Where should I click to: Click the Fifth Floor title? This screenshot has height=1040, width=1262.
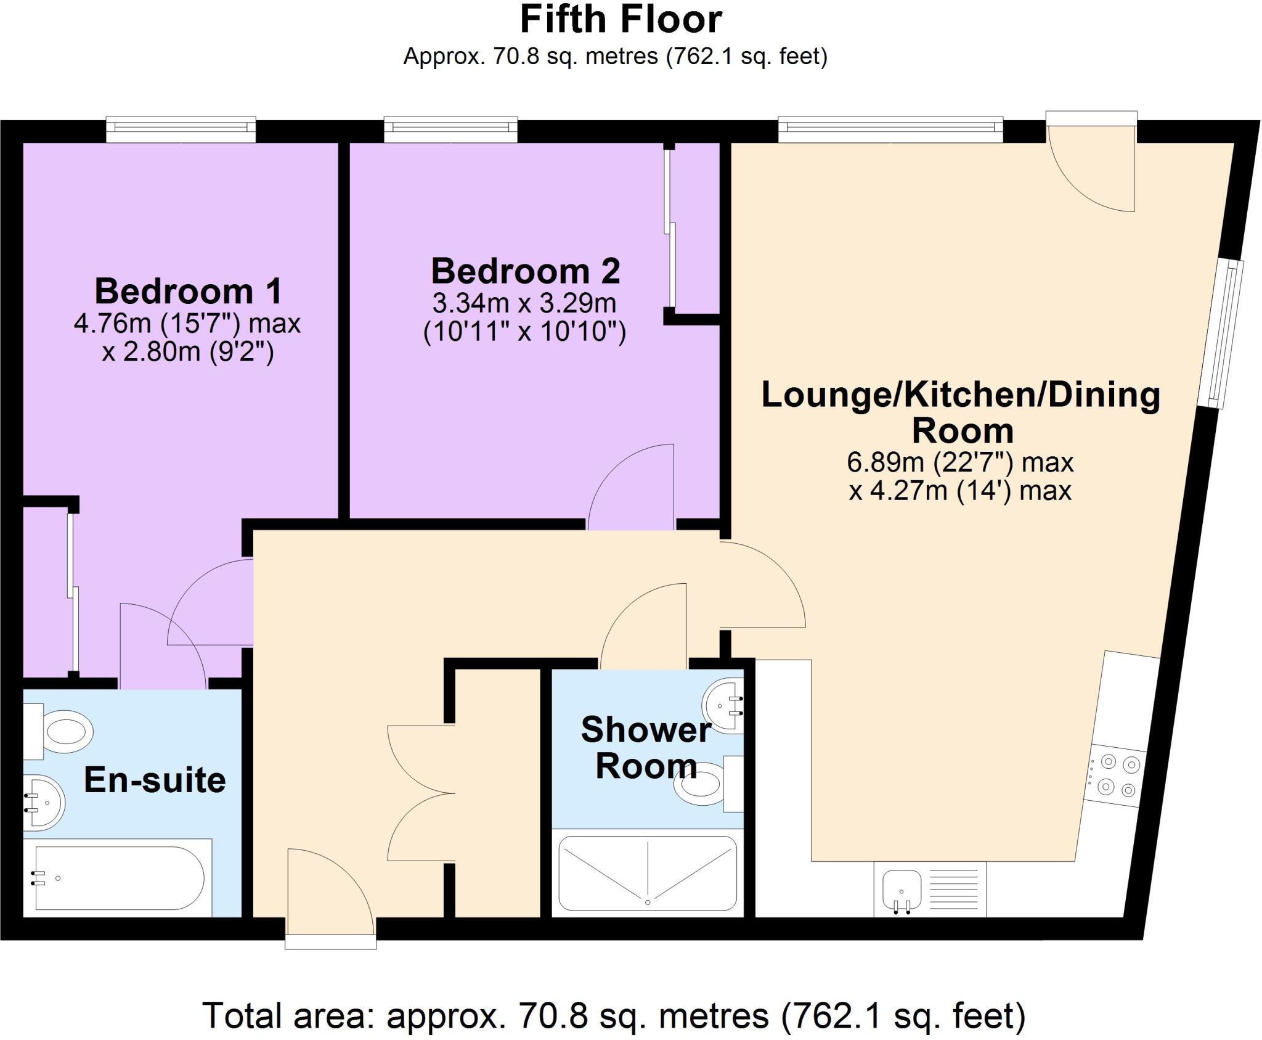621,20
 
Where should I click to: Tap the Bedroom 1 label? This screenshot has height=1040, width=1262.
188,291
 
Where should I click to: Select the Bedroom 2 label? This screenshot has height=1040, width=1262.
525,271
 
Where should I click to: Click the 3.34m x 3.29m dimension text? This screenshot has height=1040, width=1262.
524,303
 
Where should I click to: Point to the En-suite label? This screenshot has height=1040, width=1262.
155,780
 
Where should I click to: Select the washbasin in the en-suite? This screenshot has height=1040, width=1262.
43,801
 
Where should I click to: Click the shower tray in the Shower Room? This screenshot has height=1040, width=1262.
648,873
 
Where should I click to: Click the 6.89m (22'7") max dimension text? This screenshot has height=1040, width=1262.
960,462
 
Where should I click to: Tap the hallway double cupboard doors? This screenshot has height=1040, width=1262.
421,793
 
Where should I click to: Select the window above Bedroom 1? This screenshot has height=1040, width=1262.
181,128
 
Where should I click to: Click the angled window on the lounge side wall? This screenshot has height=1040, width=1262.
1221,334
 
